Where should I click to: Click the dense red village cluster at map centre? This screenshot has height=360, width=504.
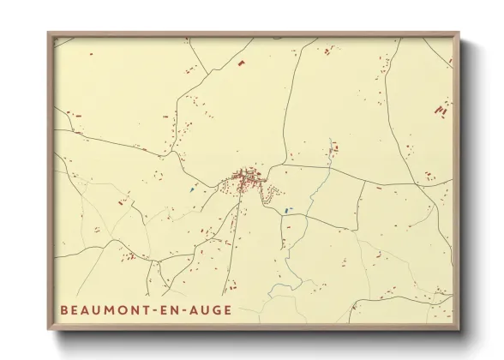247,180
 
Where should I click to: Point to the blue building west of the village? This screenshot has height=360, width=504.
192,189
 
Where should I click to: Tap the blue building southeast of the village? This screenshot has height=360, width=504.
286,209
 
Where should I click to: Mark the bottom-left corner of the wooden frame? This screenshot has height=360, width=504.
49,330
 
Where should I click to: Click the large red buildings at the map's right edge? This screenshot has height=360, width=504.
441,110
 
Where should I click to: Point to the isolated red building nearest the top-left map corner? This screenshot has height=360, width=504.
76,113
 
